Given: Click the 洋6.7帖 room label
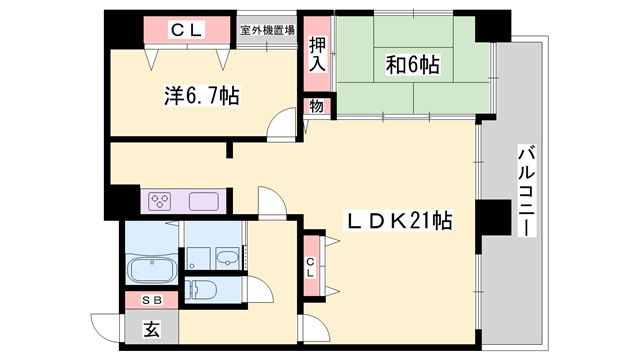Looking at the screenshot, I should point(201,96).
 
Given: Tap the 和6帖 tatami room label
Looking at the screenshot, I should point(413,66).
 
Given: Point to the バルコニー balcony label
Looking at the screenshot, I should point(524,190).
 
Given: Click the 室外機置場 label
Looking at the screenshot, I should point(267,30).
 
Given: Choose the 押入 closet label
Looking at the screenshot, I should point(318,54).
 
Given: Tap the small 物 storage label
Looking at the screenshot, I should point(316,106).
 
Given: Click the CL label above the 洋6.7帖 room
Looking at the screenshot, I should point(187,31).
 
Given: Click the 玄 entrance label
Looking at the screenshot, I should point(151,328).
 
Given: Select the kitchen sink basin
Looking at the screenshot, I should point(204,200).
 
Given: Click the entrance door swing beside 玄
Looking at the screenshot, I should point(106,326).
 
